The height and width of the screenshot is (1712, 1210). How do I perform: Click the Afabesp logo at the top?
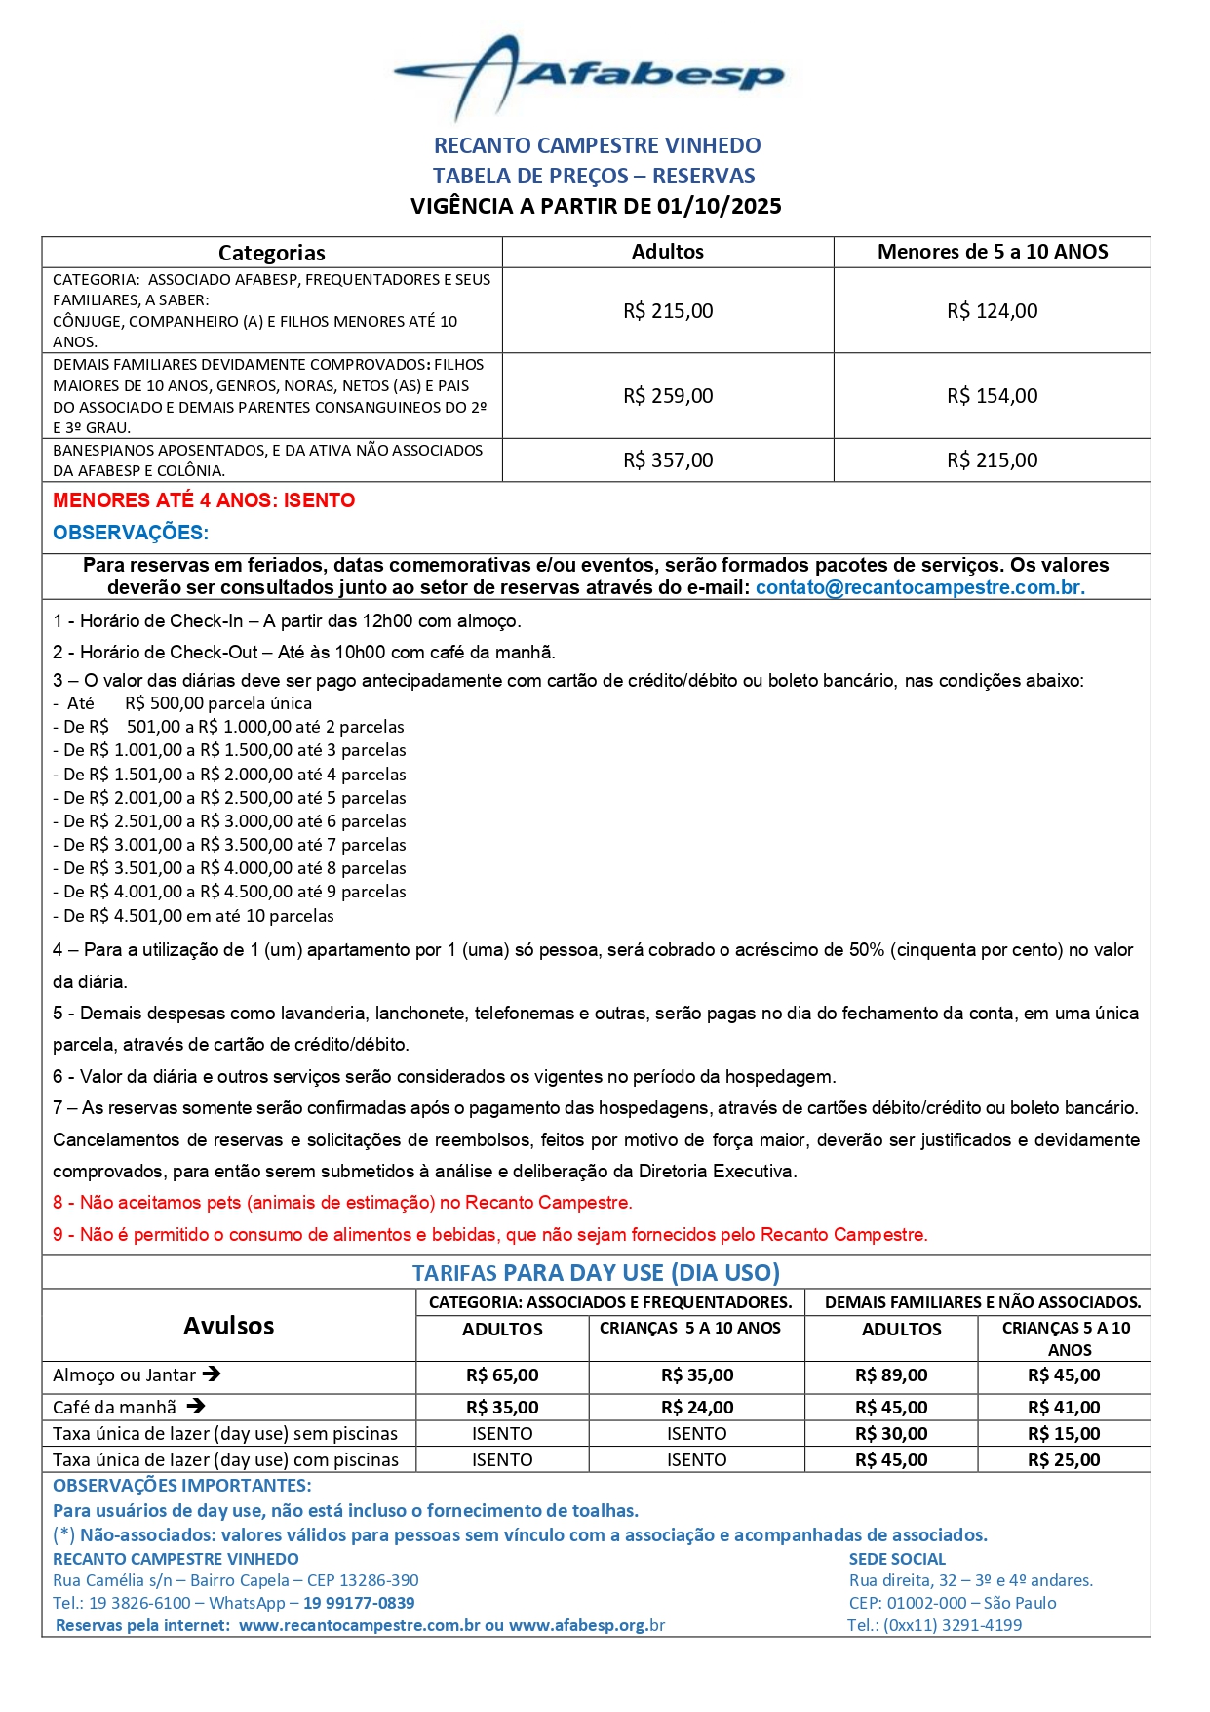[589, 76]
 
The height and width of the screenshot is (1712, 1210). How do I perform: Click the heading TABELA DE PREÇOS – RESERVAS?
[594, 176]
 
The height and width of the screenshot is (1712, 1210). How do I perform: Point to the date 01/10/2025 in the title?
[719, 206]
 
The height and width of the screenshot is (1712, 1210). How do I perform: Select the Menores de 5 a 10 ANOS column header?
[992, 252]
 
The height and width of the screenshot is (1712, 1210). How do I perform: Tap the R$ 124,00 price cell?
[992, 311]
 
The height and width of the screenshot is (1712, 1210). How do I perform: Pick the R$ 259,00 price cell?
[668, 396]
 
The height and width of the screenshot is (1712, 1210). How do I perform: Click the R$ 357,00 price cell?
[668, 460]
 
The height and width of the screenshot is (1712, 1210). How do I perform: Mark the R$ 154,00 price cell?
[992, 396]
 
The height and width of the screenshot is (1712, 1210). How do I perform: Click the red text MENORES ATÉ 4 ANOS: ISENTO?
[204, 500]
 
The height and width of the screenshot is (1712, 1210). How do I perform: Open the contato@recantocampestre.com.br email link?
[919, 587]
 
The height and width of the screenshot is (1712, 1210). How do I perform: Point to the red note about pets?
[342, 1203]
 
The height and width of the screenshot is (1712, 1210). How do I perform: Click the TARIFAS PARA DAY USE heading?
[596, 1273]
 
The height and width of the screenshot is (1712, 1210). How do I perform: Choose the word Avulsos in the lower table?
[229, 1326]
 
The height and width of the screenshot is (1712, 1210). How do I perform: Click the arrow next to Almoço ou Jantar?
[213, 1374]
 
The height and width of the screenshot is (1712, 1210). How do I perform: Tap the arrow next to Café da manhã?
[195, 1407]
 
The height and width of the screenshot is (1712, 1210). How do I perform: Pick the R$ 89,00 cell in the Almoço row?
[891, 1375]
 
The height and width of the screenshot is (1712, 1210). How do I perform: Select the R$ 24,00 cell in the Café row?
[696, 1408]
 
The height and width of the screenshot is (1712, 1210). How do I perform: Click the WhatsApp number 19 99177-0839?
[359, 1603]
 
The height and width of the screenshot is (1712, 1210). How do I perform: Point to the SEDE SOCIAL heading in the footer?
[897, 1559]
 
